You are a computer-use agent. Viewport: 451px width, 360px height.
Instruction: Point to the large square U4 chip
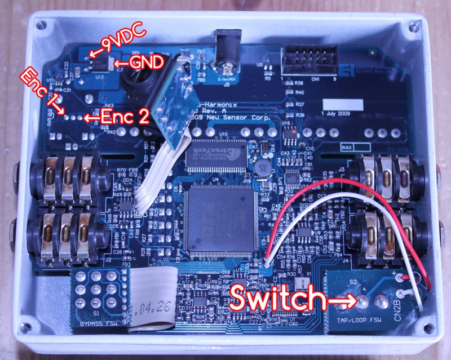click(215, 216)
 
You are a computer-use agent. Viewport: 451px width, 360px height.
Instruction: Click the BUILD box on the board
click(350, 146)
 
